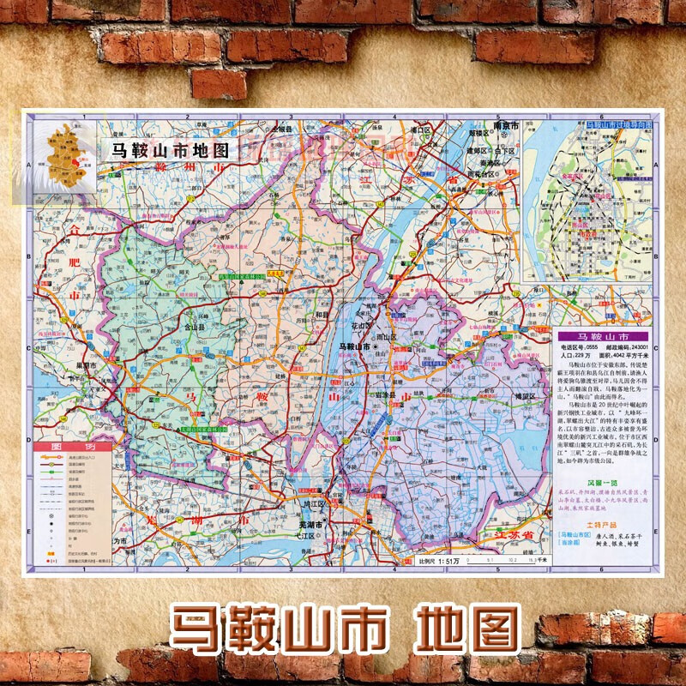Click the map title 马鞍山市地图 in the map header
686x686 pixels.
[x=167, y=148]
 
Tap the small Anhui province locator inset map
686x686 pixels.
[x=65, y=155]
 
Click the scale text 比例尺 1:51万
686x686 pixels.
[x=443, y=561]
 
